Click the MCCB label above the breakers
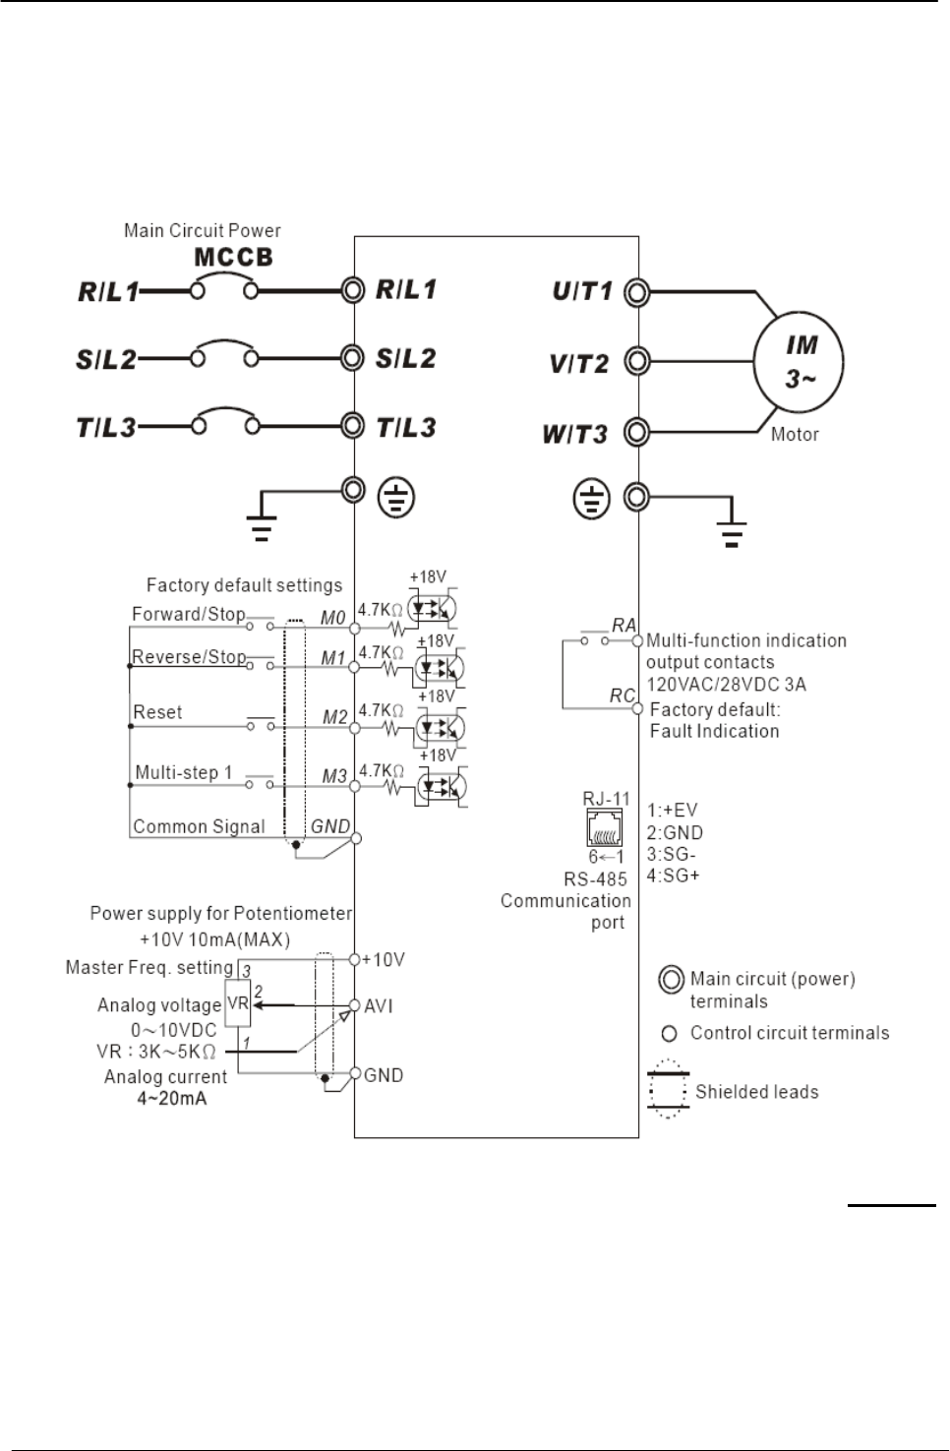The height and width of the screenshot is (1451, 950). pyautogui.click(x=233, y=257)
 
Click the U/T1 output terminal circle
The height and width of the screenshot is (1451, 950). pyautogui.click(x=637, y=292)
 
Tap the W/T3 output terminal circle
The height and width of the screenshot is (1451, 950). pyautogui.click(x=637, y=432)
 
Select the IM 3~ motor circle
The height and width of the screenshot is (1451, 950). pyautogui.click(x=799, y=362)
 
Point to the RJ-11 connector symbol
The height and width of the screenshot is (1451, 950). pyautogui.click(x=604, y=827)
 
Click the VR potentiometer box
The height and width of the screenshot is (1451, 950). pyautogui.click(x=238, y=1003)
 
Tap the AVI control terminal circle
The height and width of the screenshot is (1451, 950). pyautogui.click(x=354, y=1005)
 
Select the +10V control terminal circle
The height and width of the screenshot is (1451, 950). pyautogui.click(x=354, y=959)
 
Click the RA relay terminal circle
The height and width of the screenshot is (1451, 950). pyautogui.click(x=637, y=640)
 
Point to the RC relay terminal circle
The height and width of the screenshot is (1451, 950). pyautogui.click(x=637, y=708)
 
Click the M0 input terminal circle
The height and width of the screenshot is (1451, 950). pyautogui.click(x=355, y=628)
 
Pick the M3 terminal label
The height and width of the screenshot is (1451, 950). pyautogui.click(x=334, y=776)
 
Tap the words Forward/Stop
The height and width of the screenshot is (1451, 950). pyautogui.click(x=189, y=614)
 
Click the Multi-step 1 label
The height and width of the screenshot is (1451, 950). pyautogui.click(x=183, y=772)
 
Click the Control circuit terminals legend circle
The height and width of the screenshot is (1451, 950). pyautogui.click(x=670, y=1034)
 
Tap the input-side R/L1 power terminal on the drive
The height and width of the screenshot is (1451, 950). pyautogui.click(x=353, y=290)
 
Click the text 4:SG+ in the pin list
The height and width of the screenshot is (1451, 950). pyautogui.click(x=673, y=876)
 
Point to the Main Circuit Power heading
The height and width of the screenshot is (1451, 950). pyautogui.click(x=202, y=230)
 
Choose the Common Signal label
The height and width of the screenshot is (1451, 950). pyautogui.click(x=199, y=826)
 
